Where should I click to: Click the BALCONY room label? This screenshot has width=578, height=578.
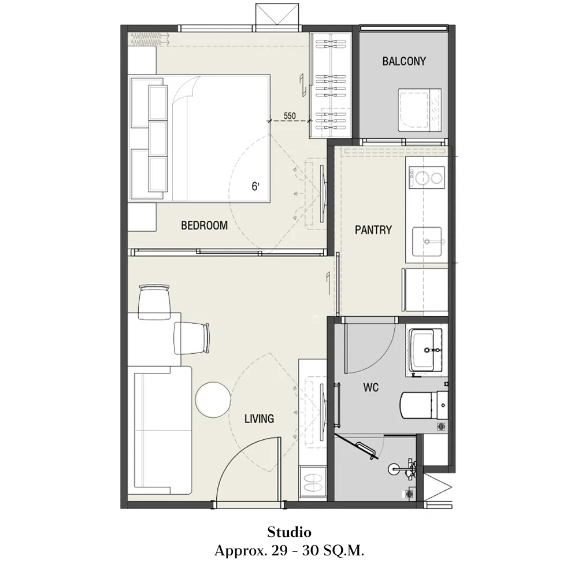coord(404,61)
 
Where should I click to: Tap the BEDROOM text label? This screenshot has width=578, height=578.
coord(204,225)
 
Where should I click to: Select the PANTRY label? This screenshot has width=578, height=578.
coord(373,230)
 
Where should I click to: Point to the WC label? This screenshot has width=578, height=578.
coord(370,387)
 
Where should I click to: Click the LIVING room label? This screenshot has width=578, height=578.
coord(259,418)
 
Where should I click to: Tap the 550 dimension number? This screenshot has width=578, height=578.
coord(290,116)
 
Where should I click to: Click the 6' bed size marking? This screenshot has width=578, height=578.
coord(255,187)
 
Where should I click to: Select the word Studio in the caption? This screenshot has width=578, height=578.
coord(290,532)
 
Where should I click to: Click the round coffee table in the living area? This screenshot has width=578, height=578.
coord(213,400)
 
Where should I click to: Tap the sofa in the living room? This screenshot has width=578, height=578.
coord(160,430)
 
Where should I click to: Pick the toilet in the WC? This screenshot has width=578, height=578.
coord(424,405)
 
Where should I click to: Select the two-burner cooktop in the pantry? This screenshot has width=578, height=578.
coord(427,177)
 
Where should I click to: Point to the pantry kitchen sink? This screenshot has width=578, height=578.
coord(427,242)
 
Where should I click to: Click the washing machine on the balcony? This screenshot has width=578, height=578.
coord(420,110)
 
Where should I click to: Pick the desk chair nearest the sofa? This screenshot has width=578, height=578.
coord(191,338)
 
